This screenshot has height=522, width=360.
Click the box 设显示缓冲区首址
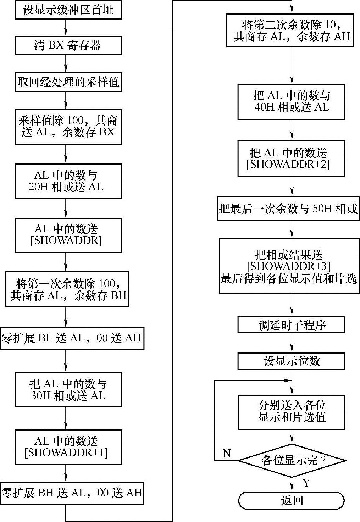pyautogui.click(x=68, y=10)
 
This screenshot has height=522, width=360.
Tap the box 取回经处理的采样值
pyautogui.click(x=68, y=82)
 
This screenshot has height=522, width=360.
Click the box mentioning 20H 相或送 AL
pyautogui.click(x=68, y=181)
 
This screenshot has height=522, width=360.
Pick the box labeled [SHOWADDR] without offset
pyautogui.click(x=68, y=235)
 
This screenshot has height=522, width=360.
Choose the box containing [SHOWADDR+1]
pyautogui.click(x=68, y=446)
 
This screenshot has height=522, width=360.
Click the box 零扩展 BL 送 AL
pyautogui.click(x=72, y=338)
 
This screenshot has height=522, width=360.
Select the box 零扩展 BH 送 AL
pyautogui.click(x=72, y=493)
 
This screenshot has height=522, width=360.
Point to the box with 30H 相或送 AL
pyautogui.click(x=68, y=389)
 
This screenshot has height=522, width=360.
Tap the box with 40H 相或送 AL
pyautogui.click(x=291, y=101)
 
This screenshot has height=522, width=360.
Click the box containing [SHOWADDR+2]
pyautogui.click(x=291, y=159)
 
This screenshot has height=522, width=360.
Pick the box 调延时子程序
pyautogui.click(x=291, y=325)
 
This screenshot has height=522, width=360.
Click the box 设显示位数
pyautogui.click(x=291, y=361)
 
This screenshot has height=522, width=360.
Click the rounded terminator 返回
pyautogui.click(x=291, y=500)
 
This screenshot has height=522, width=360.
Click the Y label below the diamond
pyautogui.click(x=306, y=483)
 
